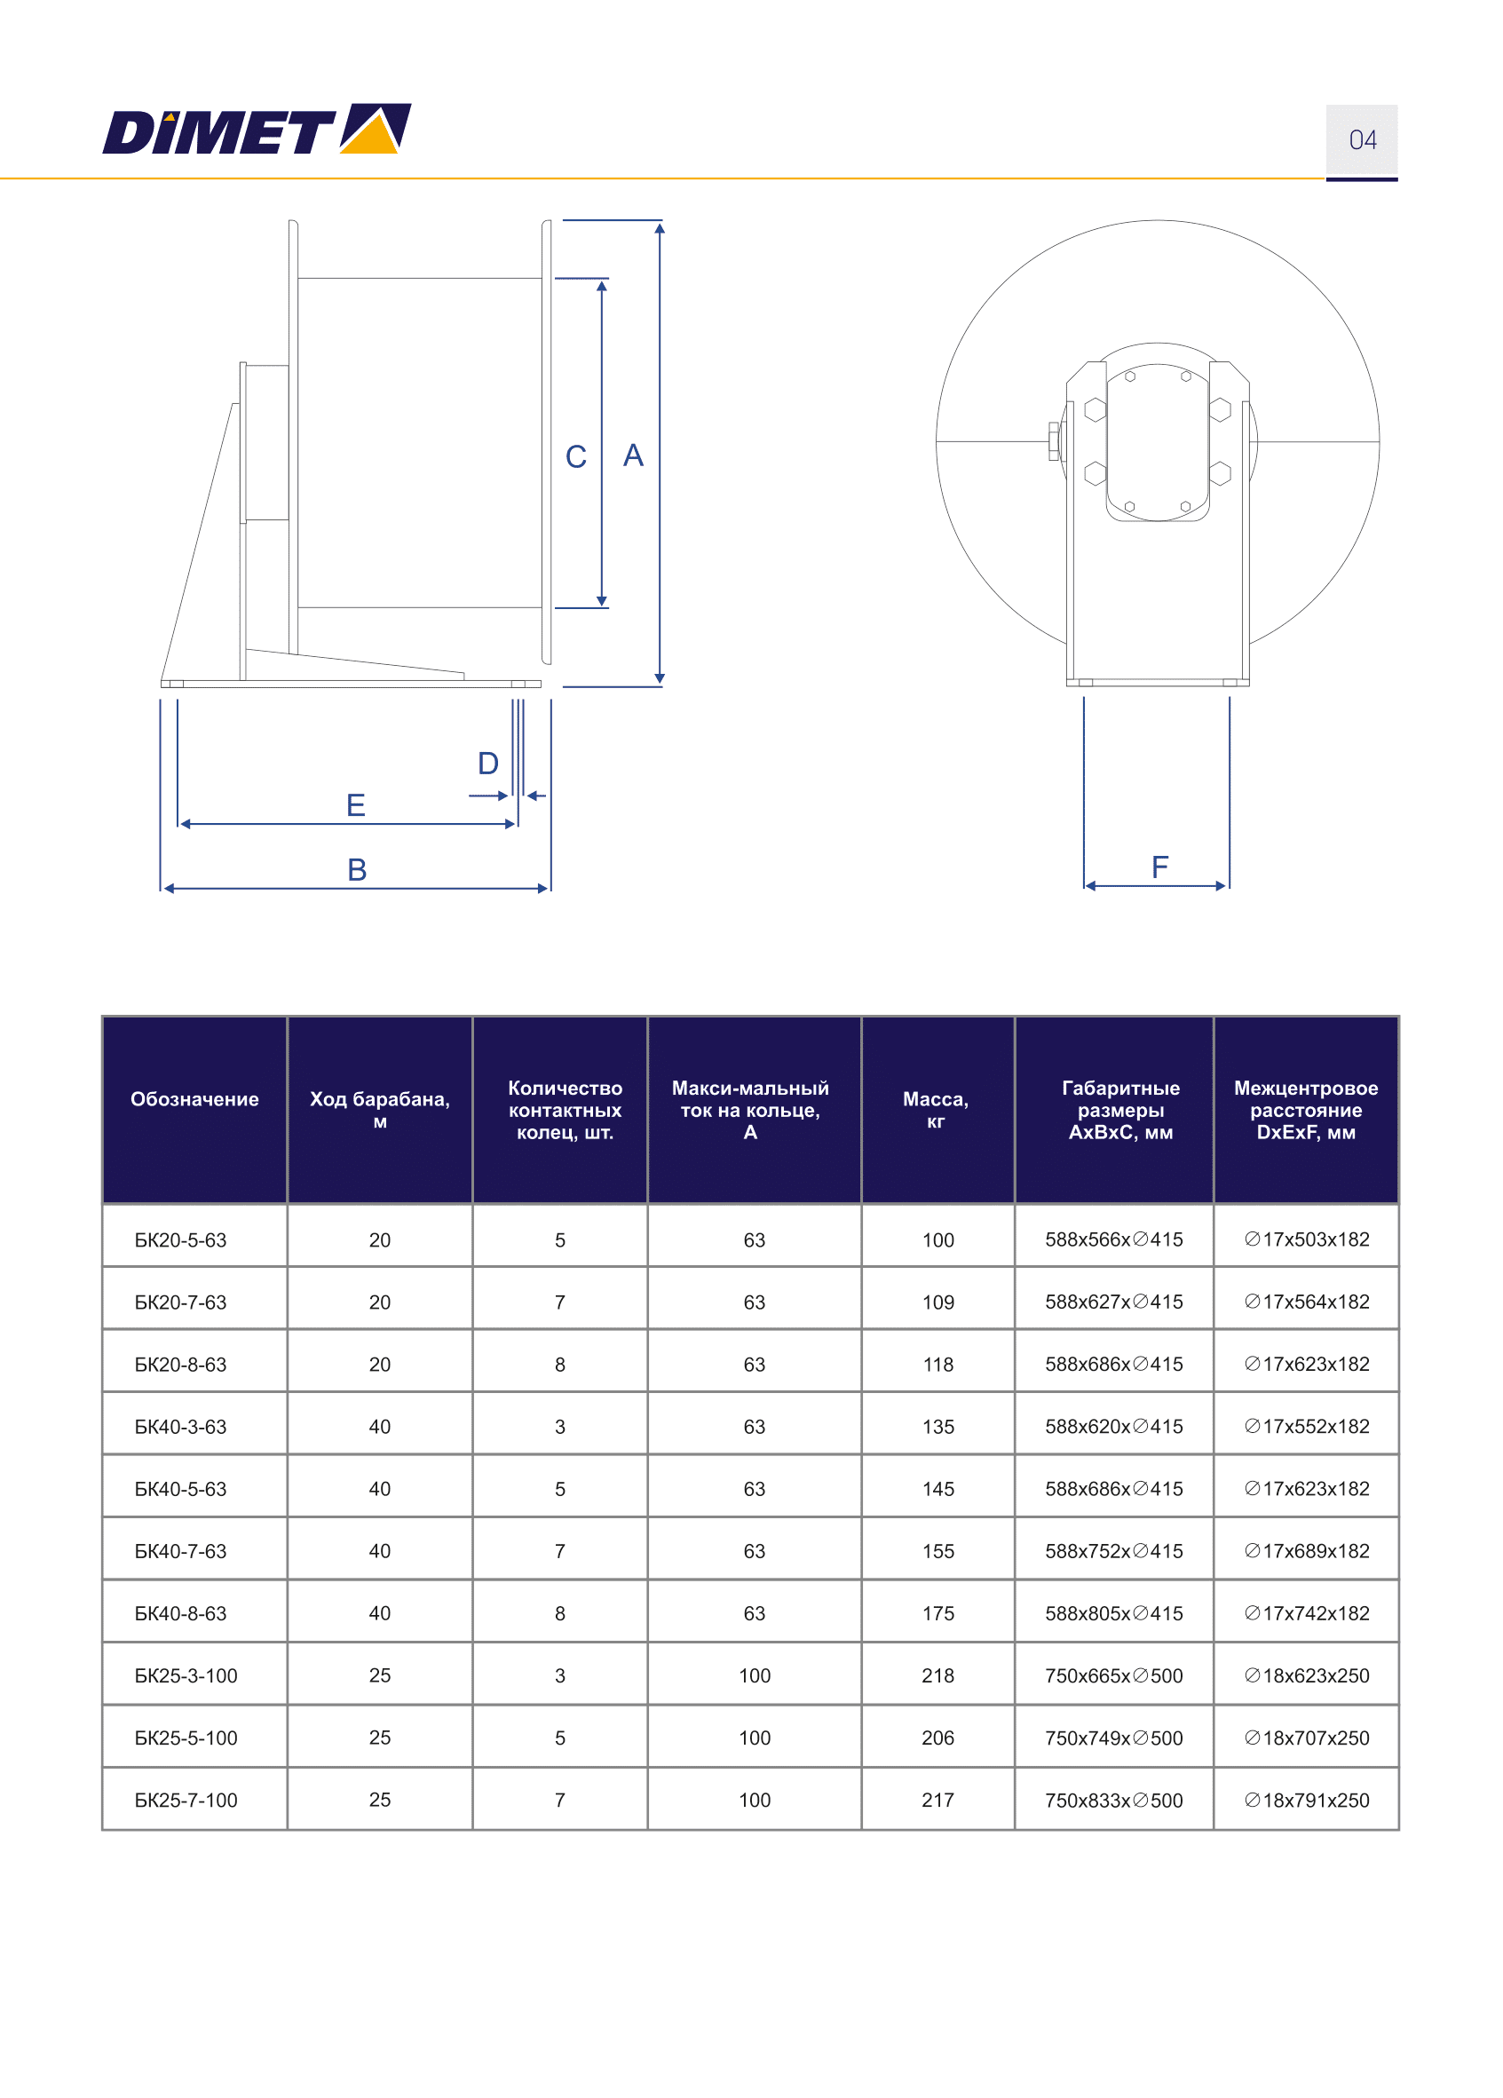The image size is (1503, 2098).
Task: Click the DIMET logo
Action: [257, 129]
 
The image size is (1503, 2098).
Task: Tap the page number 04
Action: [1362, 139]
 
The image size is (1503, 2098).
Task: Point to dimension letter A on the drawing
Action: [633, 455]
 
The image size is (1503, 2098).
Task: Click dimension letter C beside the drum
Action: [575, 457]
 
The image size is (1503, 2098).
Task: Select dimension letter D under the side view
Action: [487, 764]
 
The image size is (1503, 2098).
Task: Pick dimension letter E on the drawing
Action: [355, 804]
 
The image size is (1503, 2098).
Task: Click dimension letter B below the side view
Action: [357, 869]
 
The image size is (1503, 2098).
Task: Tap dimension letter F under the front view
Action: [1159, 867]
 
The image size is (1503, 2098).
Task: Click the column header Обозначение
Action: [194, 1099]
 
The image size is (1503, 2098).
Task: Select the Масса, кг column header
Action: [935, 1109]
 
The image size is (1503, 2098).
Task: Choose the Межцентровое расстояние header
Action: [1305, 1109]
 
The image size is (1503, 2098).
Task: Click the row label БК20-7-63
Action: [180, 1302]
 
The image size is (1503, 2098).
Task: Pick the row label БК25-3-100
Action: [186, 1675]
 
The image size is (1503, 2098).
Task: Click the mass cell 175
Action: [937, 1613]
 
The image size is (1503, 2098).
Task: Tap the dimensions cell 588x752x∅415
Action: [1113, 1551]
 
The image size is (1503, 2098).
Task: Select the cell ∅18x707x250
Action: [1306, 1738]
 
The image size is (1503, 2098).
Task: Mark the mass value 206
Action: [937, 1738]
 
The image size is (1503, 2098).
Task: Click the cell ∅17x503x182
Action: [1306, 1239]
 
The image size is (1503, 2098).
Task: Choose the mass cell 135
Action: [937, 1427]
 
